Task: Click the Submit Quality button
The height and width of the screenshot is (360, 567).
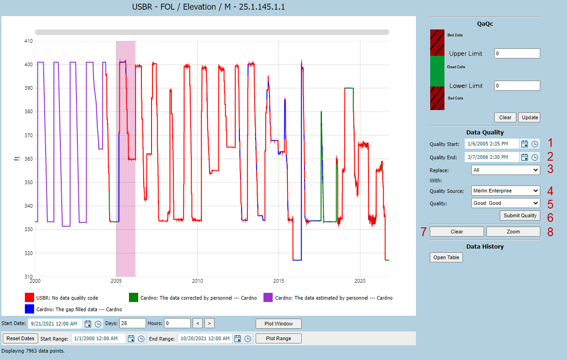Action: pyautogui.click(x=520, y=215)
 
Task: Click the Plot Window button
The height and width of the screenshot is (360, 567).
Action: pyautogui.click(x=279, y=324)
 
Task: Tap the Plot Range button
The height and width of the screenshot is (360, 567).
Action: pyautogui.click(x=279, y=338)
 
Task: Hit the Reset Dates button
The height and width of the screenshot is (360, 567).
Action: pyautogui.click(x=20, y=338)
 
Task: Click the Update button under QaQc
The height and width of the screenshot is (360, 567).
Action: pyautogui.click(x=530, y=117)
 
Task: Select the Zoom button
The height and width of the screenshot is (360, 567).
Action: pyautogui.click(x=513, y=232)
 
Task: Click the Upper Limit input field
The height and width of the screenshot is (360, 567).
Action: pyautogui.click(x=517, y=53)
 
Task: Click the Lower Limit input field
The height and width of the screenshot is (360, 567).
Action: pyautogui.click(x=517, y=86)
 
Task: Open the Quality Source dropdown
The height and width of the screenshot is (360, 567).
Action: pyautogui.click(x=505, y=191)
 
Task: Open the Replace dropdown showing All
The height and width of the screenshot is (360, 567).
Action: pyautogui.click(x=505, y=170)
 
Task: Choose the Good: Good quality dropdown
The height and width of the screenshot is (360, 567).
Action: pyautogui.click(x=505, y=203)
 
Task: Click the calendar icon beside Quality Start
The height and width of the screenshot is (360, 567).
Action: pyautogui.click(x=525, y=144)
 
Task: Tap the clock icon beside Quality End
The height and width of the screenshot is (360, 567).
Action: pyautogui.click(x=535, y=157)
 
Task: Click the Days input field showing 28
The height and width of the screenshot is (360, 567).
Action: pyautogui.click(x=132, y=323)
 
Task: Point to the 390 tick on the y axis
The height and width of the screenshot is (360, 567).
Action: pyautogui.click(x=29, y=88)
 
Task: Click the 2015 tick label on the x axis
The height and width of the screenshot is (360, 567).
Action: pyautogui.click(x=279, y=281)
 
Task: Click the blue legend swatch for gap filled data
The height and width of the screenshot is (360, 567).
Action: pyautogui.click(x=29, y=309)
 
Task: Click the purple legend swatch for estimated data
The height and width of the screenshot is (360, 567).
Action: pyautogui.click(x=268, y=297)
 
